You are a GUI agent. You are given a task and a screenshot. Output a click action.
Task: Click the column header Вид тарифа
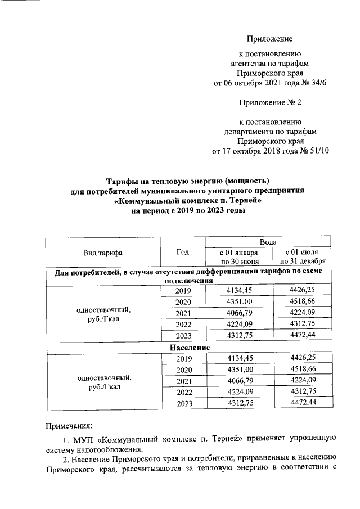103,253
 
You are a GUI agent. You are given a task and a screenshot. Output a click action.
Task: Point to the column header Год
183,252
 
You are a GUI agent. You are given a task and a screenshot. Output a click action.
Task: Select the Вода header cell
270,242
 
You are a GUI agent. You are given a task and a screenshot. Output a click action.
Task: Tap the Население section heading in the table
190,348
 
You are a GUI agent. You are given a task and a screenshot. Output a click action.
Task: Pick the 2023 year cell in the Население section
183,403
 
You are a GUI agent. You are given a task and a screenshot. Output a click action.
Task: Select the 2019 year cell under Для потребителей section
183,291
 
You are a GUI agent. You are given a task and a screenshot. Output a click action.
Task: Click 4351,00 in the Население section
239,370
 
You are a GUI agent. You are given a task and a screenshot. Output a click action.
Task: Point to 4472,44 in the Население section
304,403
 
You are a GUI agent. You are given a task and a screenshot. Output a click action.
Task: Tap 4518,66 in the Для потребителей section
304,302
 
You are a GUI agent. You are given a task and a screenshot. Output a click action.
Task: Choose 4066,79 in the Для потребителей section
239,313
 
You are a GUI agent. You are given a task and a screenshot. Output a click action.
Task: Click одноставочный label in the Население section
103,377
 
